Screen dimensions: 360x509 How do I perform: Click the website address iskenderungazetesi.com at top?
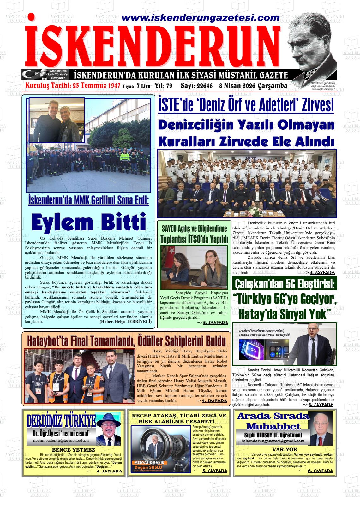coord(196,18)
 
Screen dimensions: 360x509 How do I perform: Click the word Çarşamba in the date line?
coord(273,86)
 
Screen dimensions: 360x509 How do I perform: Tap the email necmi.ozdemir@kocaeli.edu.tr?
coord(61,440)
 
